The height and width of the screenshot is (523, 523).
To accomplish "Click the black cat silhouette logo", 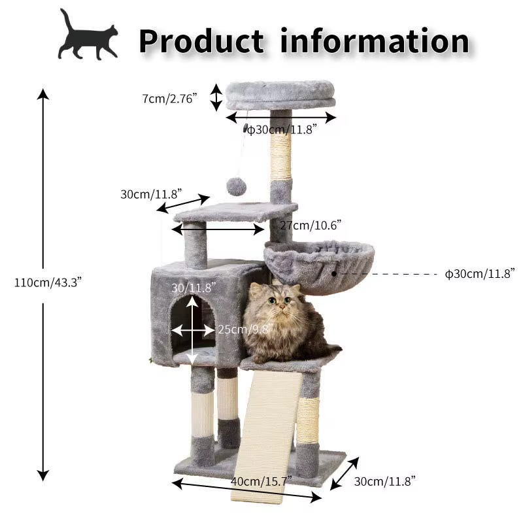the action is click(88, 35).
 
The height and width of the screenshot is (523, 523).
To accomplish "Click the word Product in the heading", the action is click(201, 41).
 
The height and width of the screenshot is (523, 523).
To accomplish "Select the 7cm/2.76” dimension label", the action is click(169, 99).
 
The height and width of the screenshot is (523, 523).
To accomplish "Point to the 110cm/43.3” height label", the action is click(48, 282).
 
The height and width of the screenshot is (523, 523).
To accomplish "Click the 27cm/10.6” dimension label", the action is click(311, 225).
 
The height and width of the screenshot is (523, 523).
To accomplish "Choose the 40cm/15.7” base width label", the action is click(261, 481).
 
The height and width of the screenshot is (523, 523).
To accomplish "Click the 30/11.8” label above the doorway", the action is click(194, 288).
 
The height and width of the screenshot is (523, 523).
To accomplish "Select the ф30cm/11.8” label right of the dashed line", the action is click(480, 273).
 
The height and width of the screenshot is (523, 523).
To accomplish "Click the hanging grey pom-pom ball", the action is click(237, 187).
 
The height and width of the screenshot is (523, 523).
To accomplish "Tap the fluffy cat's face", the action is click(278, 301).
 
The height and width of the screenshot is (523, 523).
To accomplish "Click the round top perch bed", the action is click(280, 95).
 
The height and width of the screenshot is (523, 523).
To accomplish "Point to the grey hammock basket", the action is click(319, 267).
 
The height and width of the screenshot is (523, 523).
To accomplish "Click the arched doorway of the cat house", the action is click(193, 328).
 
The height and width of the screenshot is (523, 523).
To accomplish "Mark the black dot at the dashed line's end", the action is click(334, 274).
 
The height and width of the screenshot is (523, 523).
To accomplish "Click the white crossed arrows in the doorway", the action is click(193, 330).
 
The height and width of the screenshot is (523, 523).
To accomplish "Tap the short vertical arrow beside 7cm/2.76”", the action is click(216, 97).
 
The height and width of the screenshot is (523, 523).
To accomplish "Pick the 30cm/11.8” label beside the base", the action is click(384, 481).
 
